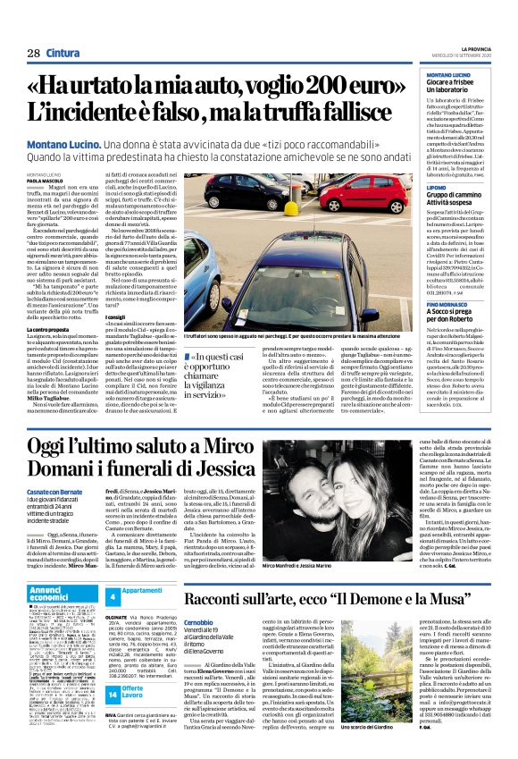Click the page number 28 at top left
[x=33, y=53]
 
